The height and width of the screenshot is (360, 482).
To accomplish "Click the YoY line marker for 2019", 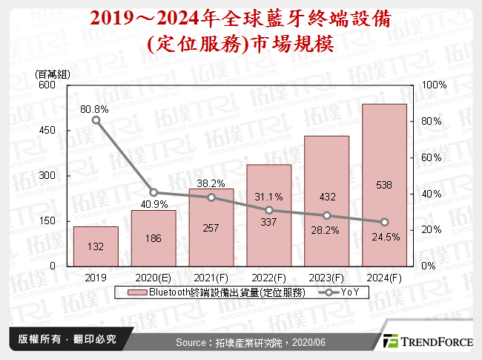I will point(96,120).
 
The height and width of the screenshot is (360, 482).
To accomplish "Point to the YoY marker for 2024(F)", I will point(384,222).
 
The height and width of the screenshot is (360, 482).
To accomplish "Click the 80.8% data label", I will point(95,109).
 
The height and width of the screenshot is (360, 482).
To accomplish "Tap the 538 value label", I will point(384,186).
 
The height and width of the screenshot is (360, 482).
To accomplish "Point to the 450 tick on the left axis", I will point(46,130).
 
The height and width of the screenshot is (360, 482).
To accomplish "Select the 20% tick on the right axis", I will point(430,229).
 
